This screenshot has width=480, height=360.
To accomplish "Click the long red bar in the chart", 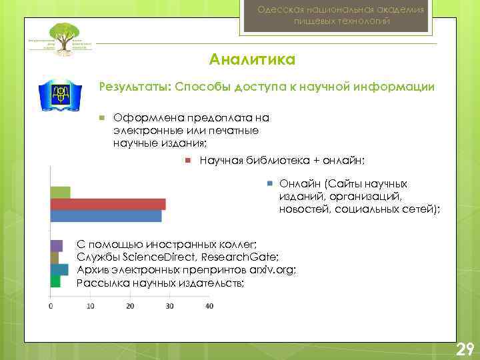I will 108,204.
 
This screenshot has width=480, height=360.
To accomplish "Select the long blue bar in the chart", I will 105,216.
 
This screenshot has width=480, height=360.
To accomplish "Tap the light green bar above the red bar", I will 60,193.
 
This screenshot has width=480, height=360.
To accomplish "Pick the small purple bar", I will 56,245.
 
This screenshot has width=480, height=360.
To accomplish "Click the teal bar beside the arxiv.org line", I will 59,269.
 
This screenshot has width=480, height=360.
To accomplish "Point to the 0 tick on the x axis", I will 51,306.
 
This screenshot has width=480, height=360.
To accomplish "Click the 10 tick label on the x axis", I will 90,306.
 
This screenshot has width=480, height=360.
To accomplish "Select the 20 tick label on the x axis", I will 130,306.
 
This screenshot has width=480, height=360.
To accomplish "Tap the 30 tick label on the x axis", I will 169,306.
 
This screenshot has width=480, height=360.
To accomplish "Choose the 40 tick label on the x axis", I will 209,306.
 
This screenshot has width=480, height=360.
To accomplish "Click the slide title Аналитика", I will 252,61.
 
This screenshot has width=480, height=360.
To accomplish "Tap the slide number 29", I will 464,349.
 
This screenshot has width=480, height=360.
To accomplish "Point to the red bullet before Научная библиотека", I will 188,160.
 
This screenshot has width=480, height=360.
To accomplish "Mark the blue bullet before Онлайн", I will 269,183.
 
